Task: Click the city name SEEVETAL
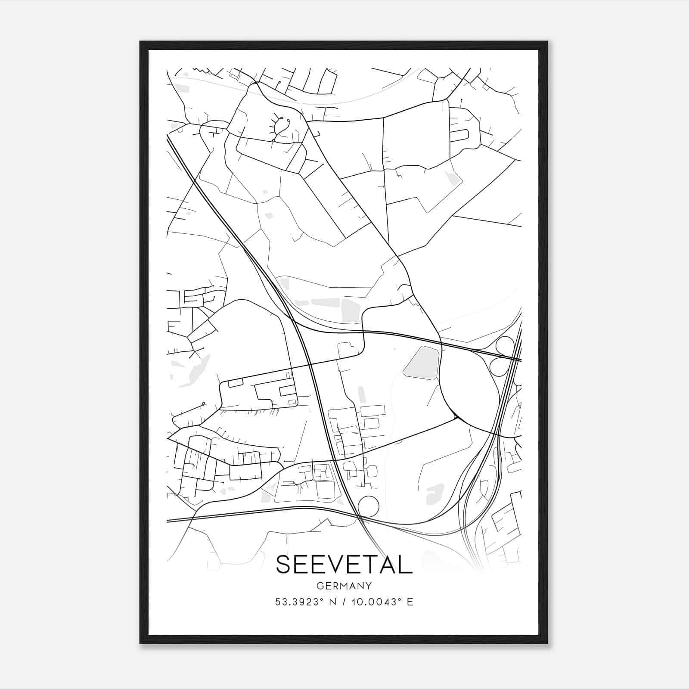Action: click(344, 564)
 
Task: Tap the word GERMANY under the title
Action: click(344, 586)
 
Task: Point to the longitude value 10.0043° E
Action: click(382, 602)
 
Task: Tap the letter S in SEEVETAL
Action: click(285, 564)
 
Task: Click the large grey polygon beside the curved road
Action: click(421, 363)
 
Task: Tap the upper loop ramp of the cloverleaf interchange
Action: click(505, 345)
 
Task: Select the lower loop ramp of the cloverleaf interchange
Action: click(499, 366)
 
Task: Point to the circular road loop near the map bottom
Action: click(368, 506)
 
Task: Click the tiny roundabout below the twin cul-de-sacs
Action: click(273, 140)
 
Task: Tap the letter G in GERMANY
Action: click(319, 586)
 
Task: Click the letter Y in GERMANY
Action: click(369, 586)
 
